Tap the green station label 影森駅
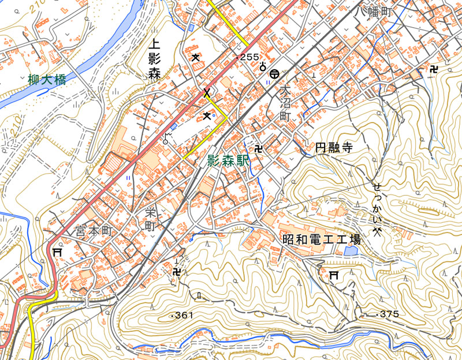tap(228, 162)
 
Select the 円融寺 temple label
tap(333, 148)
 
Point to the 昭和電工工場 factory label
tap(321, 239)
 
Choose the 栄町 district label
tap(150, 220)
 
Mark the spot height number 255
tap(249, 57)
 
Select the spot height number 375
tap(389, 314)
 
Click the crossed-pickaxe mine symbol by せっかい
tap(378, 231)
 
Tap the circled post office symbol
tap(275, 73)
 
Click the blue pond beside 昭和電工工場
tap(350, 251)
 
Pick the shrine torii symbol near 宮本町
tap(57, 253)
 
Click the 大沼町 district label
tap(284, 104)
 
